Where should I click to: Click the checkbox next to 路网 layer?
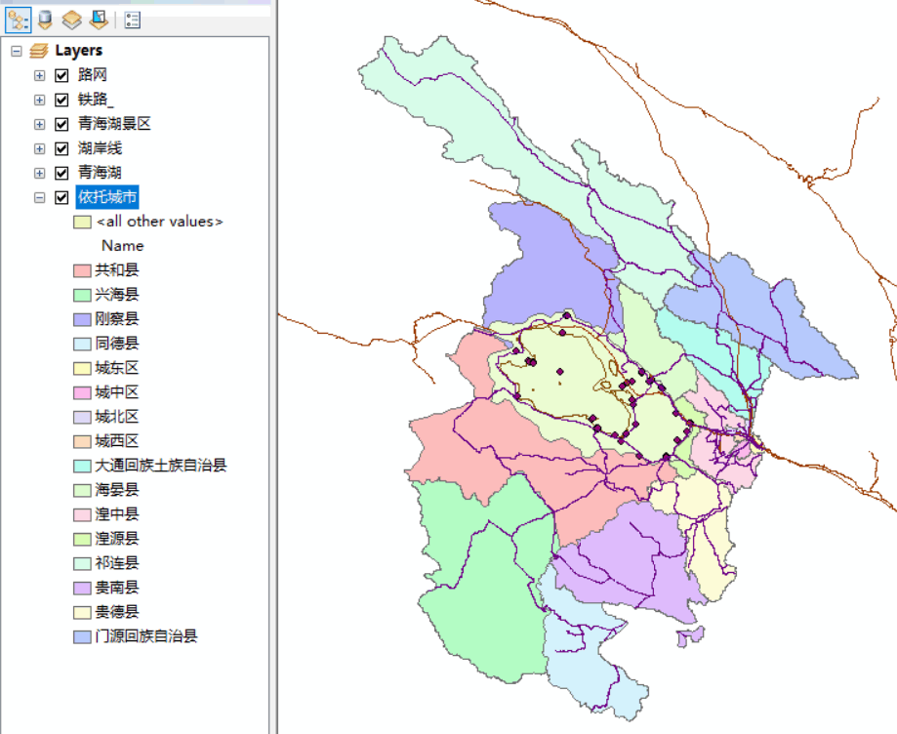click(62, 75)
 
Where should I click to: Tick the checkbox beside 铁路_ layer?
click(62, 100)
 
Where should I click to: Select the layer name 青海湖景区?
click(114, 124)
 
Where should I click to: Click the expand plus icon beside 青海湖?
click(39, 173)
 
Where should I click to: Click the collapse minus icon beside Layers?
click(16, 51)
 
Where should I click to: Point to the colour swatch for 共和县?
click(82, 270)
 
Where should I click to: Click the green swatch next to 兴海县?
click(82, 295)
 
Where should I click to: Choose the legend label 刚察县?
click(116, 319)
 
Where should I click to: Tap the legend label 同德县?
click(116, 344)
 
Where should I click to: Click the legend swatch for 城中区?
click(82, 392)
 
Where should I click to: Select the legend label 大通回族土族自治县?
click(160, 466)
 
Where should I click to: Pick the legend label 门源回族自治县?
click(145, 636)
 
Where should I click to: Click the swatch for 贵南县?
click(82, 588)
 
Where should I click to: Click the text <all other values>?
click(159, 222)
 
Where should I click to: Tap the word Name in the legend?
click(122, 246)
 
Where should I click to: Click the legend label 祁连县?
click(116, 563)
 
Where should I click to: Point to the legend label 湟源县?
click(116, 539)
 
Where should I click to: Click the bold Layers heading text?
click(78, 51)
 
